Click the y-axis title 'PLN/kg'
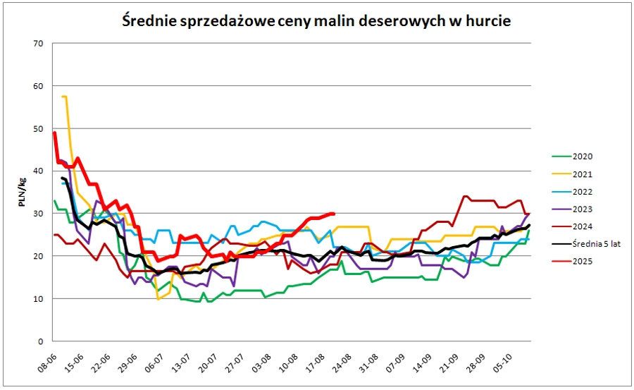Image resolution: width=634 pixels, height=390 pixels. click(24, 192)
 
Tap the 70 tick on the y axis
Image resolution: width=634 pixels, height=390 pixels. click(39, 44)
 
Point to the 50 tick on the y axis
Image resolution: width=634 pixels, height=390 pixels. click(39, 128)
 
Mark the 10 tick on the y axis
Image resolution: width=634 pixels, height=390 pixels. click(39, 298)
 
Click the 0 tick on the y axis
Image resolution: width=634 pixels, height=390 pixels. click(41, 341)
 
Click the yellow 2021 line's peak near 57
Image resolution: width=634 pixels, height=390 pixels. click(64, 97)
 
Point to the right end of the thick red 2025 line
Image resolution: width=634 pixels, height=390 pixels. click(334, 213)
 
